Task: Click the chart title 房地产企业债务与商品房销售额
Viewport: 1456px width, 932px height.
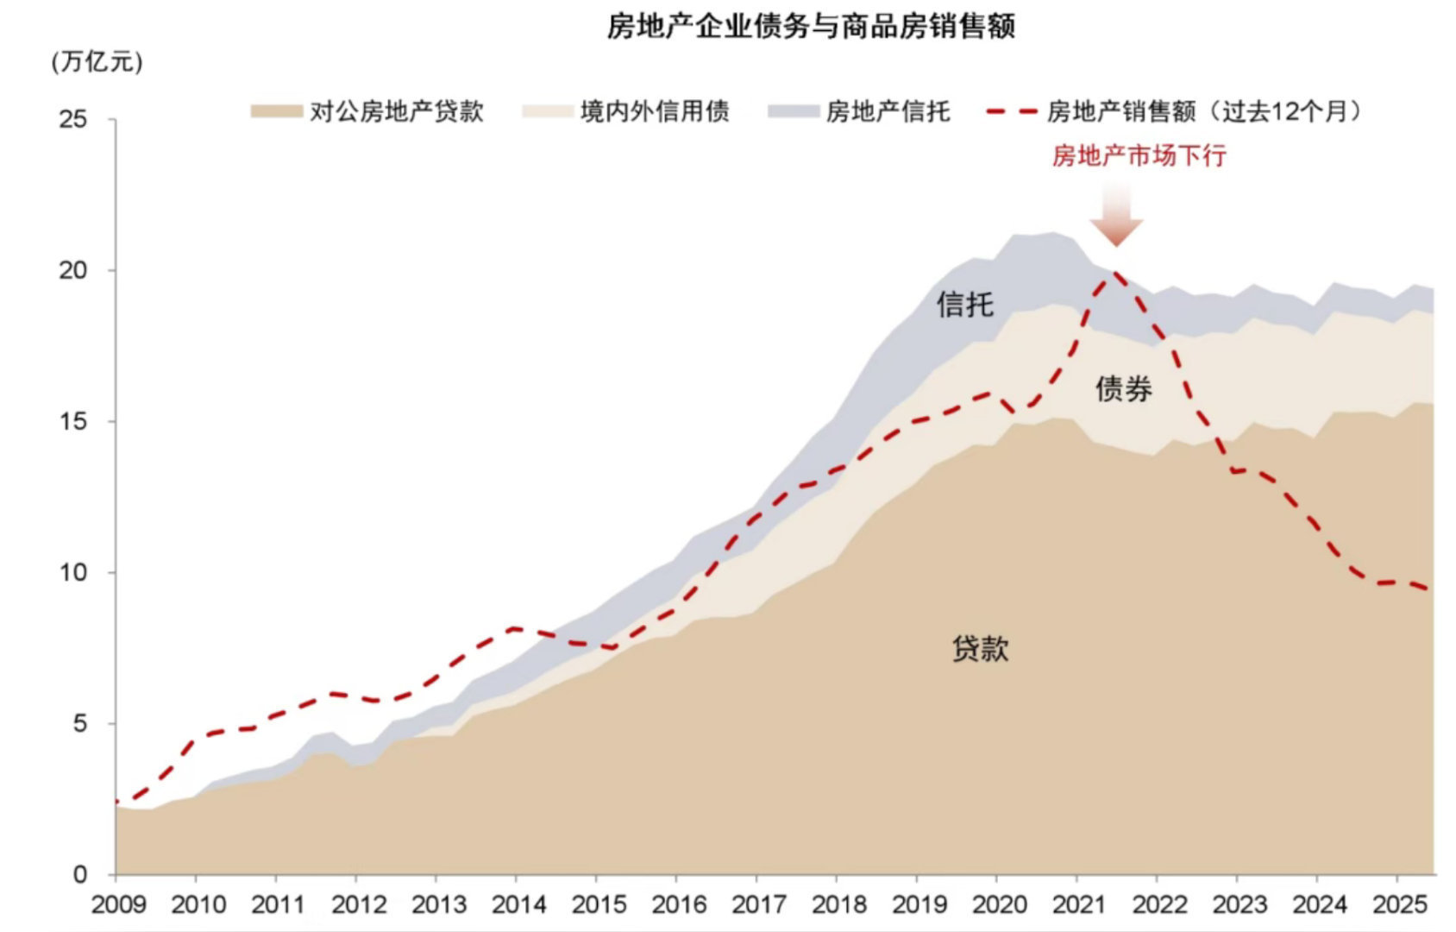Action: (x=810, y=27)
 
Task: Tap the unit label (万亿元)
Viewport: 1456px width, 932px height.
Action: (x=97, y=63)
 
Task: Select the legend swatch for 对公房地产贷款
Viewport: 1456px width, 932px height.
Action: (x=276, y=111)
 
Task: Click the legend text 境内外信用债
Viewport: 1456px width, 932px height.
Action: (x=655, y=111)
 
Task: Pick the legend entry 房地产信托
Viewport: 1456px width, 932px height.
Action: (x=888, y=111)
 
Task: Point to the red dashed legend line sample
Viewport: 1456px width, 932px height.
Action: (x=1011, y=111)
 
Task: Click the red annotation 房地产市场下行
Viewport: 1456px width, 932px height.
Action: (x=1139, y=156)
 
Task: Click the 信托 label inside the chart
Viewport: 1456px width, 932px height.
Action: (x=965, y=305)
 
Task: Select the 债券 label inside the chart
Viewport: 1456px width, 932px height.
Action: (x=1123, y=389)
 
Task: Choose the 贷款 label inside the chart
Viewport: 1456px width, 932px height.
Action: (x=980, y=649)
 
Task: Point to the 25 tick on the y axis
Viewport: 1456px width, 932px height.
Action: (x=73, y=119)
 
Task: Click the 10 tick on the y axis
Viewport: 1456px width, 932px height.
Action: (x=73, y=572)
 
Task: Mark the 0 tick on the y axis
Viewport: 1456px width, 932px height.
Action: (x=80, y=874)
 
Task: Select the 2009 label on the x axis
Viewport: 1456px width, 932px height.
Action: (x=119, y=904)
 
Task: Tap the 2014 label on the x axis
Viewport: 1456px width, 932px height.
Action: (x=518, y=904)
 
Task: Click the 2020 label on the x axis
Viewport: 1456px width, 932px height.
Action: (x=999, y=904)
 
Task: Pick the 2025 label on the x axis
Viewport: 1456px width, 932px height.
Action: (x=1399, y=904)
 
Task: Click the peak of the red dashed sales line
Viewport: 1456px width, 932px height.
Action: (x=1116, y=274)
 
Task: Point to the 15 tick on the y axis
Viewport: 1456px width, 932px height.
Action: (x=73, y=421)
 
